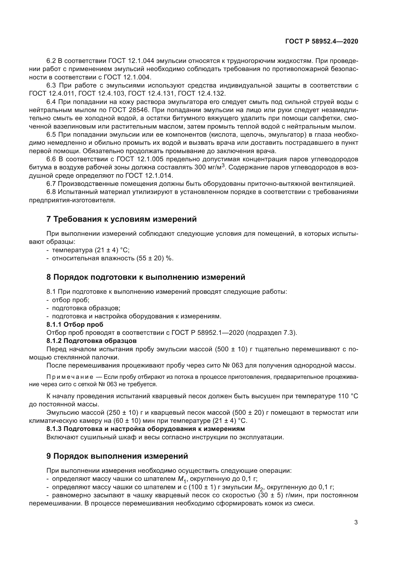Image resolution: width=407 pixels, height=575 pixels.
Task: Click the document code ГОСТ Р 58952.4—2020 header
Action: pos(322,41)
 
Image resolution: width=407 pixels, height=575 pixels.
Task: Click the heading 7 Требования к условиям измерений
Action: pos(122,219)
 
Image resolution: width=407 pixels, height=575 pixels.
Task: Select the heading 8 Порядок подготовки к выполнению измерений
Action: pos(146,277)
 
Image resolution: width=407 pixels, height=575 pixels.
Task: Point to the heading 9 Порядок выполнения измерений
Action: pos(117,456)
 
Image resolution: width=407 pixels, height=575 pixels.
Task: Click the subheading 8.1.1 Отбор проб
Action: pos(75,324)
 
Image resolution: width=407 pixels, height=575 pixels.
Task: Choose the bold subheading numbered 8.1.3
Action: pos(145,429)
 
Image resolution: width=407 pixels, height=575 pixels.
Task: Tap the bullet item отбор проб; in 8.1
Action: pos(71,300)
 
